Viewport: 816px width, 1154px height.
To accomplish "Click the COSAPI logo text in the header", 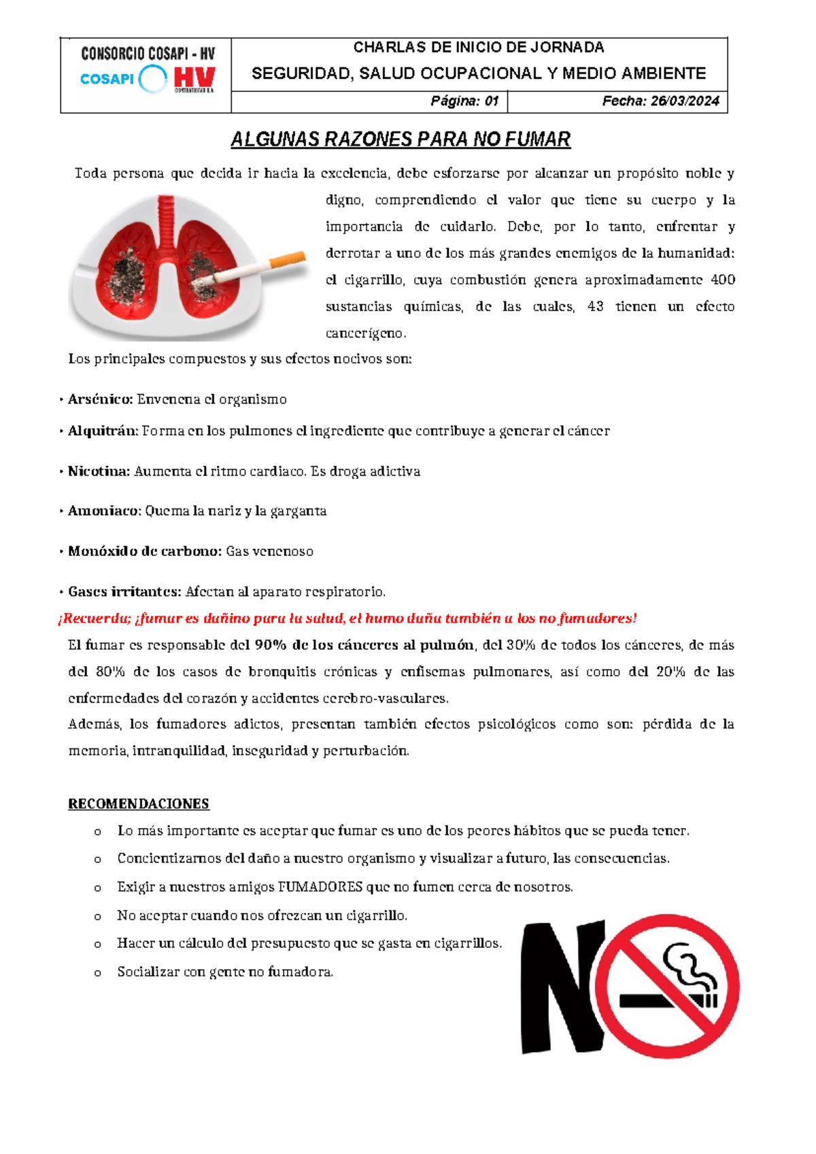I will tap(107, 79).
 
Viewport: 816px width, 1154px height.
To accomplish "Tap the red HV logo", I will tap(194, 78).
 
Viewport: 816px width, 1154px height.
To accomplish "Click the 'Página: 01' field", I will tap(464, 101).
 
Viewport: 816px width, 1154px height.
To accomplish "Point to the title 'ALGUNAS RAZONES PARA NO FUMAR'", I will tap(401, 139).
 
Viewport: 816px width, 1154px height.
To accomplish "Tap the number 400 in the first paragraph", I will tap(722, 280).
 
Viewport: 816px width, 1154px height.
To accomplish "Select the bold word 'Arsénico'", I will tap(100, 399).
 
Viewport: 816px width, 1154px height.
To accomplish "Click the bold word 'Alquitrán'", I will tap(103, 431).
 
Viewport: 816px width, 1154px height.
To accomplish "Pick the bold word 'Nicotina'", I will tap(99, 471).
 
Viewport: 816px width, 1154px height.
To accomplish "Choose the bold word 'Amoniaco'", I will tap(104, 510).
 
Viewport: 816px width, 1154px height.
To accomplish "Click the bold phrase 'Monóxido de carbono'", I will tap(145, 551).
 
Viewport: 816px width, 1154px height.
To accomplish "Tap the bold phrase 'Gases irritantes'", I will tap(124, 591).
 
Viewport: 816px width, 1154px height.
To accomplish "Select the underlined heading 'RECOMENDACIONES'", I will tap(139, 804).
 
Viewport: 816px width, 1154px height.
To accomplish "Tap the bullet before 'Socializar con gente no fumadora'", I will tap(98, 973).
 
